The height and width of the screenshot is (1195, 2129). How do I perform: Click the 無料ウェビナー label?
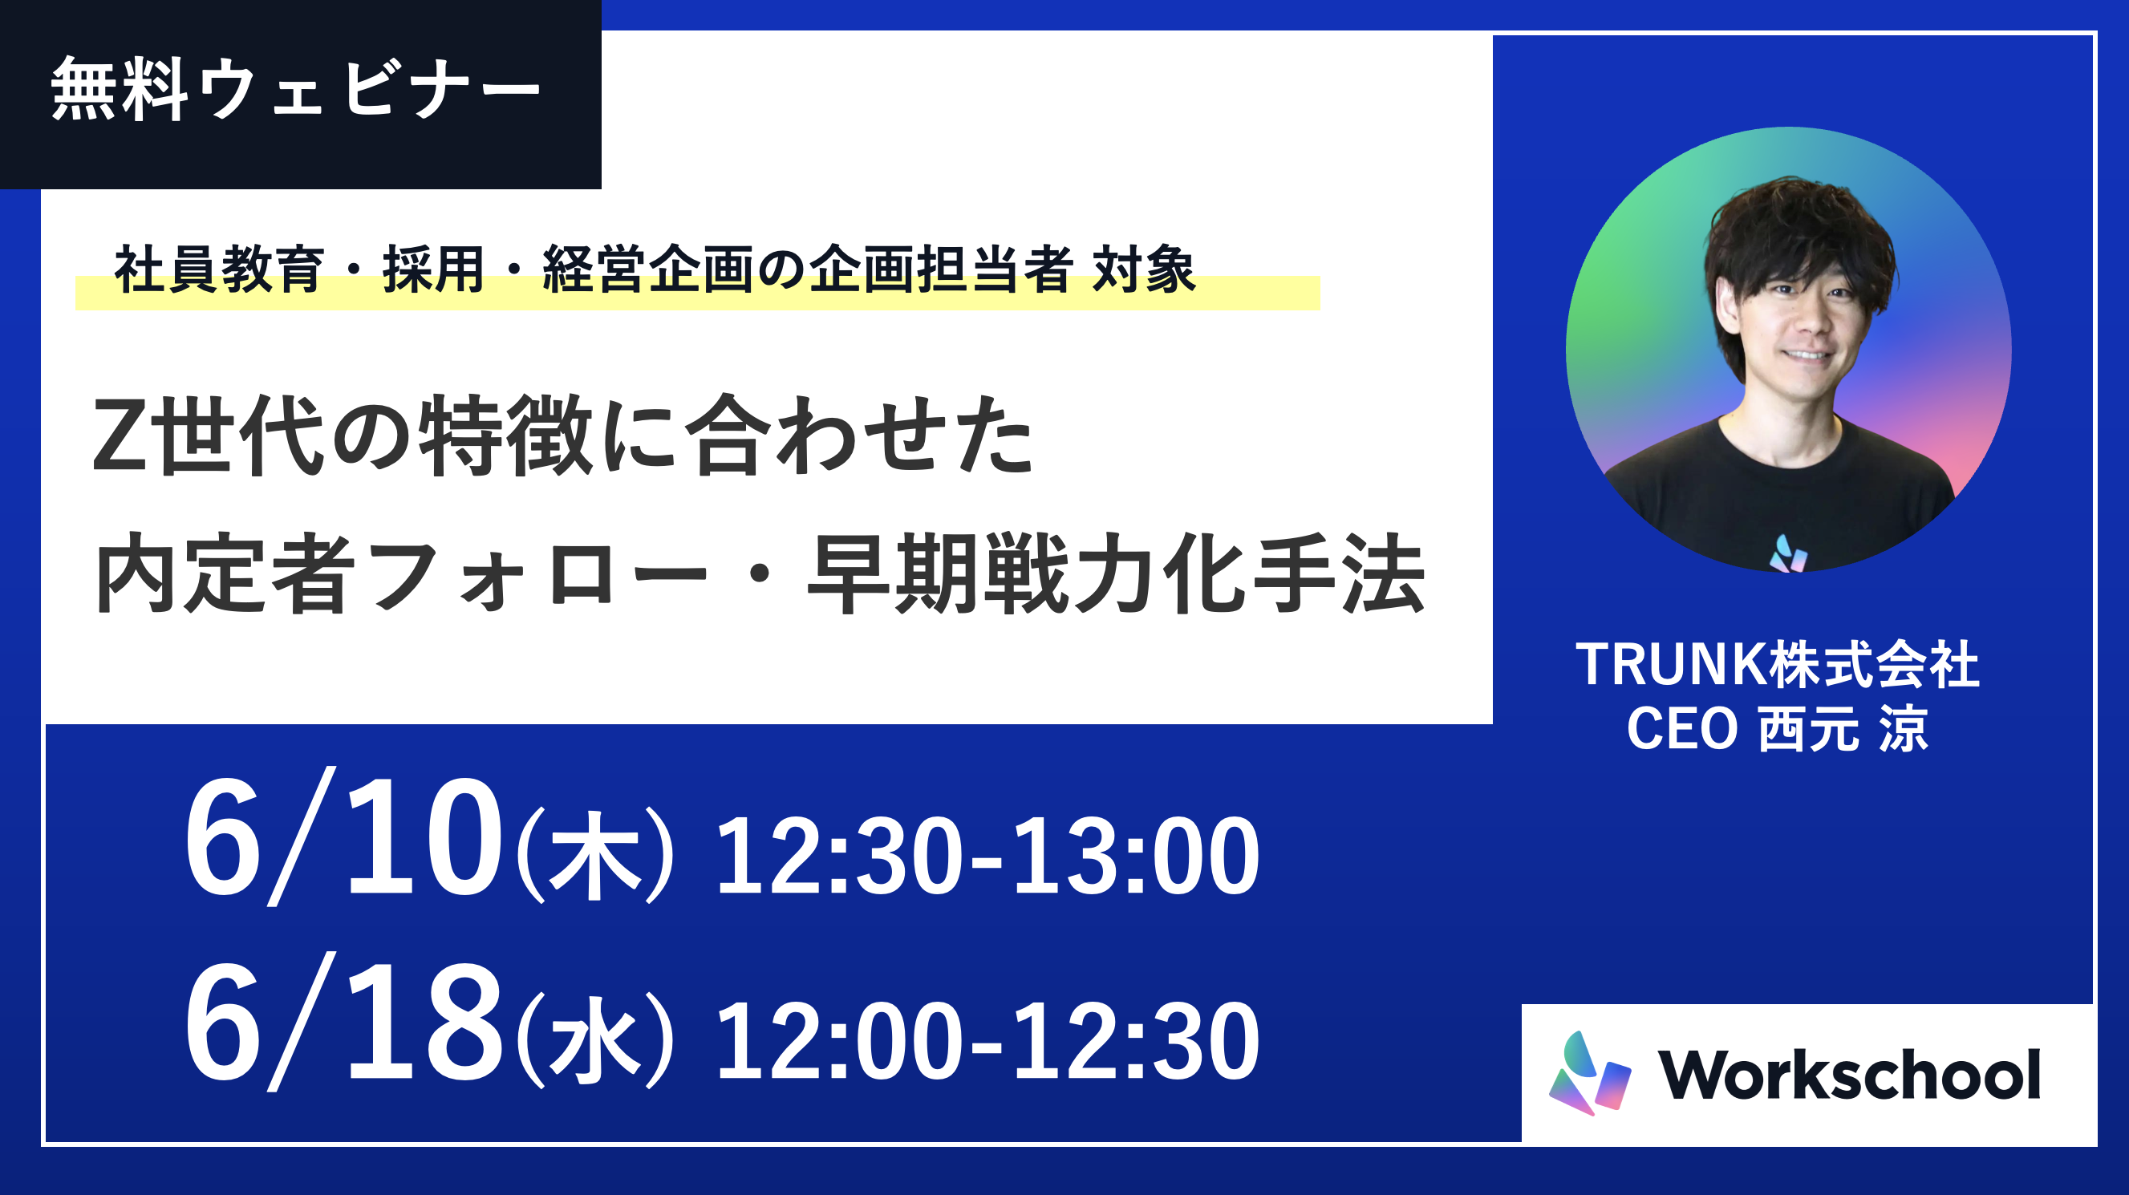click(296, 90)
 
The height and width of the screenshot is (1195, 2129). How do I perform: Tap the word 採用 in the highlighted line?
click(433, 269)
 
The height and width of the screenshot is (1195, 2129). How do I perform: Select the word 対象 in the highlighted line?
click(1144, 269)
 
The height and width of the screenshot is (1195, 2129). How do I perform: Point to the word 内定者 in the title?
click(225, 573)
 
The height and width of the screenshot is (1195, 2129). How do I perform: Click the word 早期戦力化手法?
click(1117, 573)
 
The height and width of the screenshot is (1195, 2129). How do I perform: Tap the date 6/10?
click(343, 837)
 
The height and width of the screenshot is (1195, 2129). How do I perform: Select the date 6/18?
click(343, 1023)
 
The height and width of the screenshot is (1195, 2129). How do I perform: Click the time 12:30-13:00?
click(987, 855)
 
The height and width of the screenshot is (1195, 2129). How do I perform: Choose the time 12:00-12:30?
click(987, 1040)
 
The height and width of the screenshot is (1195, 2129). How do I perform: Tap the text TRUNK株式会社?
click(1777, 663)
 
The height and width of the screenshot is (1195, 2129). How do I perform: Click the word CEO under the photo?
click(1682, 728)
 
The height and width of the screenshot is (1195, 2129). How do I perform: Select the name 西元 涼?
click(1843, 728)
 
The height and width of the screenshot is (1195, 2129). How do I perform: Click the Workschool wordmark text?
click(1850, 1075)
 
